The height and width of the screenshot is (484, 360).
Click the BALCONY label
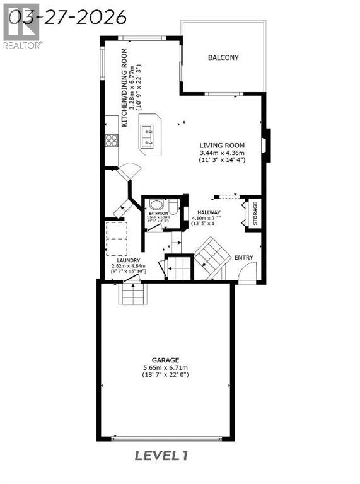click(223, 58)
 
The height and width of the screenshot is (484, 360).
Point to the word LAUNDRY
click(128, 260)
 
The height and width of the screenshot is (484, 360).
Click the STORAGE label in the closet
click(255, 214)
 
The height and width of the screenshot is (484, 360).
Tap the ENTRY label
click(244, 257)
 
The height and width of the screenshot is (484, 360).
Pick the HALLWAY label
click(208, 213)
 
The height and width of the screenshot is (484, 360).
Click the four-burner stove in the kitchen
click(112, 140)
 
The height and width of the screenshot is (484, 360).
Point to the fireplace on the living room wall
click(267, 142)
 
